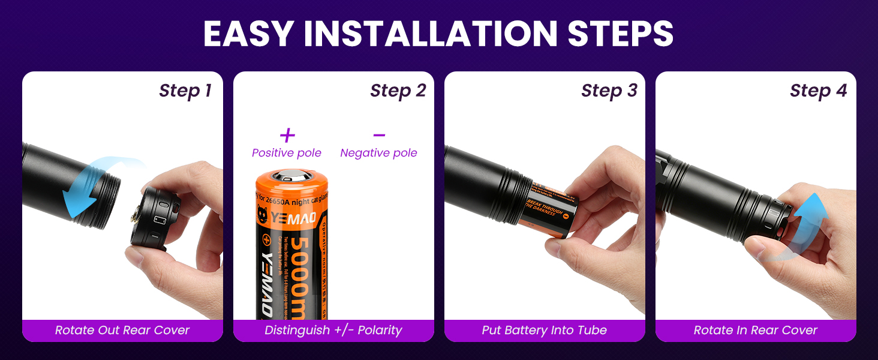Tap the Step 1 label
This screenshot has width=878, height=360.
[x=185, y=91]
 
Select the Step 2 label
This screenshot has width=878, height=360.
[x=398, y=91]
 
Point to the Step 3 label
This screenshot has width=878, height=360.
[x=609, y=91]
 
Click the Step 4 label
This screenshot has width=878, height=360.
[x=818, y=91]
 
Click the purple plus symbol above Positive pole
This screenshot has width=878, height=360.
[x=287, y=136]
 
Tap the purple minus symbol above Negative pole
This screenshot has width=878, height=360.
[x=378, y=136]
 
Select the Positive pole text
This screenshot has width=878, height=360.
[x=287, y=153]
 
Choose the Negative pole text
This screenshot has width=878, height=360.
[x=378, y=153]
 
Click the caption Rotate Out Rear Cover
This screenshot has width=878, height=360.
[x=122, y=330]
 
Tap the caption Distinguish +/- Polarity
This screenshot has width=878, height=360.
[x=333, y=330]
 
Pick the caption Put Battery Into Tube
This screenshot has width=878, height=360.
[x=544, y=330]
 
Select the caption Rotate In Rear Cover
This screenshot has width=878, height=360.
[x=755, y=330]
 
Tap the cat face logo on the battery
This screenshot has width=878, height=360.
[x=262, y=214]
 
